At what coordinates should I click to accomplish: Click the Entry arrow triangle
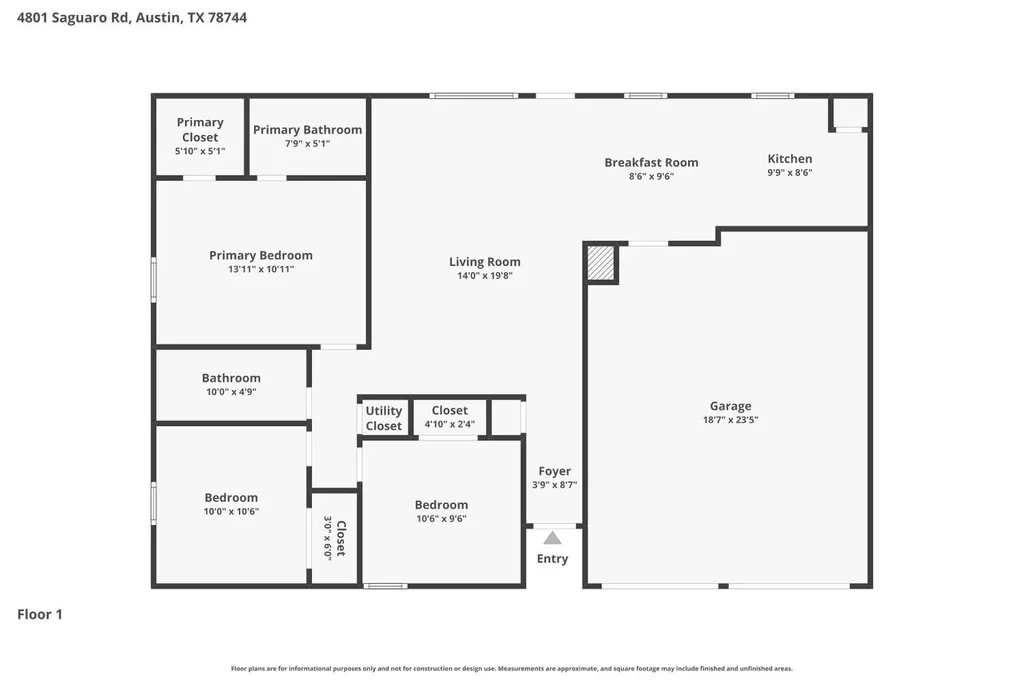pyautogui.click(x=552, y=538)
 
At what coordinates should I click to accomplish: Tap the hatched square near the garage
pyautogui.click(x=600, y=263)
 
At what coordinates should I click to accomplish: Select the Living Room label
pyautogui.click(x=485, y=262)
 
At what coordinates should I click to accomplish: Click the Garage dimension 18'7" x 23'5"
pyautogui.click(x=731, y=420)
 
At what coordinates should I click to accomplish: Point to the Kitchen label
pyautogui.click(x=790, y=159)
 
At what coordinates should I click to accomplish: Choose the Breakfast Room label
pyautogui.click(x=651, y=163)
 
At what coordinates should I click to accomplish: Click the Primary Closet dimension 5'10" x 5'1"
pyautogui.click(x=200, y=151)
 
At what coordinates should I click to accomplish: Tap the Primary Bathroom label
pyautogui.click(x=308, y=130)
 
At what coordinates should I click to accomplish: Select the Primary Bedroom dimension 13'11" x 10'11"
pyautogui.click(x=261, y=269)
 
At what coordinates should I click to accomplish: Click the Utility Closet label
pyautogui.click(x=383, y=418)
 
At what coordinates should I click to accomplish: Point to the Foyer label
pyautogui.click(x=554, y=471)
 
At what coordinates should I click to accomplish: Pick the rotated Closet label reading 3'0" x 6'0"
pyautogui.click(x=334, y=538)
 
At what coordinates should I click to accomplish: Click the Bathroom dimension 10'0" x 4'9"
pyautogui.click(x=231, y=392)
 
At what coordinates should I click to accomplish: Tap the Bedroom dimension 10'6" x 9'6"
pyautogui.click(x=441, y=519)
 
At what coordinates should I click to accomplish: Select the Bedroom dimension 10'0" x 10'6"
pyautogui.click(x=231, y=512)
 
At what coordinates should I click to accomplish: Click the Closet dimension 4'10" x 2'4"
pyautogui.click(x=449, y=424)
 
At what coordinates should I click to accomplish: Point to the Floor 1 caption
pyautogui.click(x=40, y=614)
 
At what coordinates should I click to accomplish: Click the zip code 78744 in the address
pyautogui.click(x=227, y=18)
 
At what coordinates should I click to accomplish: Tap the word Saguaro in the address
pyautogui.click(x=79, y=18)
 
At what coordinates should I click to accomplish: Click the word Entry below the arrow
pyautogui.click(x=552, y=559)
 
